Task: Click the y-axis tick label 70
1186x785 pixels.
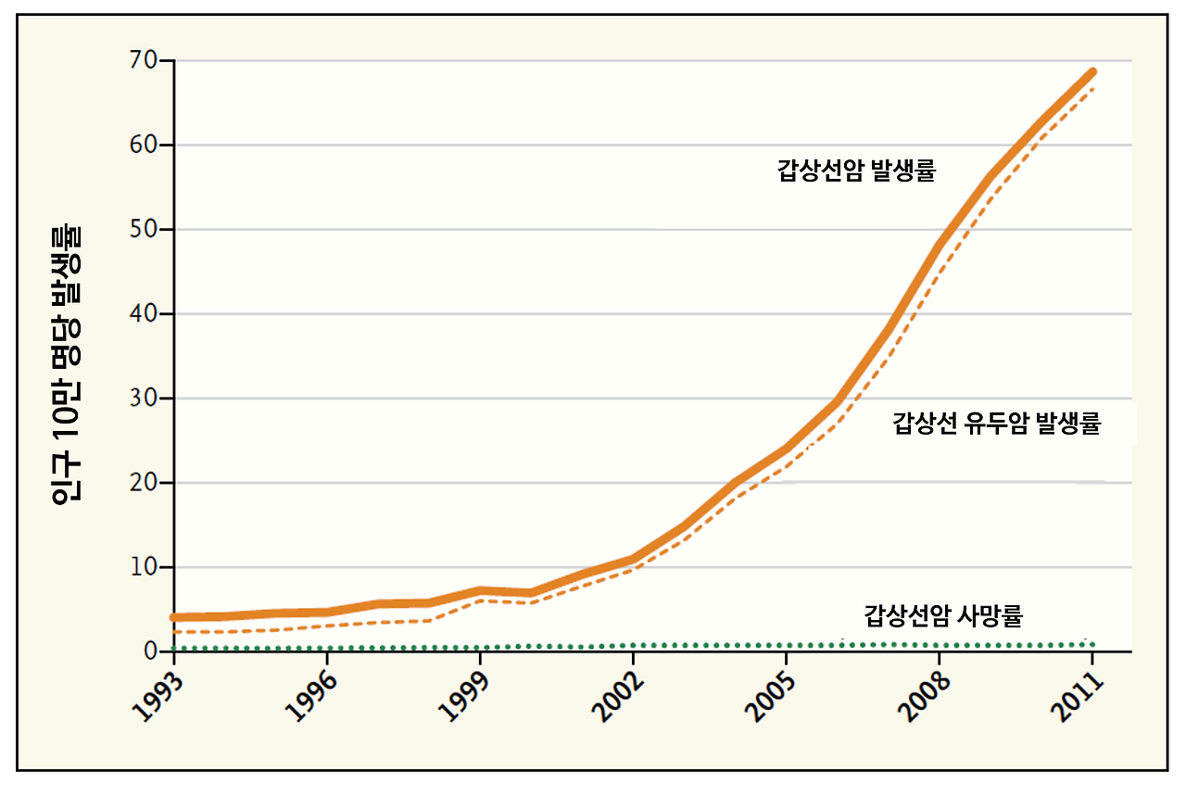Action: click(x=146, y=61)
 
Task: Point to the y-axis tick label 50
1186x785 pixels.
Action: click(x=146, y=230)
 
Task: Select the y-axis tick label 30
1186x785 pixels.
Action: click(x=146, y=399)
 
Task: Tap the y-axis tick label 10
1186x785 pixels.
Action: click(x=146, y=567)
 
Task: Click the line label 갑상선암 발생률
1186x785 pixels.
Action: click(x=856, y=171)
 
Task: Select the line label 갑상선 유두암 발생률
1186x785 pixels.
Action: click(x=996, y=424)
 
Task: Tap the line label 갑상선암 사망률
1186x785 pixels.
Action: click(x=943, y=614)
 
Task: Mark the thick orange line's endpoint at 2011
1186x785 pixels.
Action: click(x=1091, y=72)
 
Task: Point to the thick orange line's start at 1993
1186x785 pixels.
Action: click(x=174, y=617)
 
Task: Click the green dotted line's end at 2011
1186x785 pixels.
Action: click(x=1091, y=643)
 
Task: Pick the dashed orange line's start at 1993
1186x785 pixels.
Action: click(x=174, y=632)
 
